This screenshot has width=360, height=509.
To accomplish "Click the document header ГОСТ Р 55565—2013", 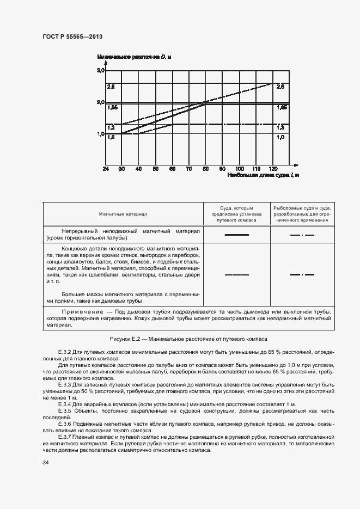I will click(72, 36).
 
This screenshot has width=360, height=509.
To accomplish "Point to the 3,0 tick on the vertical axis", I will click(101, 71).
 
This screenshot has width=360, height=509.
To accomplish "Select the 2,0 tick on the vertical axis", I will click(101, 102).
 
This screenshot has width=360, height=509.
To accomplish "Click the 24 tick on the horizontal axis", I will click(106, 169).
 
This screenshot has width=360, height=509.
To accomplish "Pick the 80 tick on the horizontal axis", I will click(205, 169).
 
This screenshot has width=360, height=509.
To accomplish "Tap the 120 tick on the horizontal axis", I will click(273, 169).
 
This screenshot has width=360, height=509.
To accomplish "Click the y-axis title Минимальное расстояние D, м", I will click(135, 57).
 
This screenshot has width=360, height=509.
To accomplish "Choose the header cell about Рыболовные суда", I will click(302, 214).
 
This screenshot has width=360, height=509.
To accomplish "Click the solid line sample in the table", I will click(237, 235).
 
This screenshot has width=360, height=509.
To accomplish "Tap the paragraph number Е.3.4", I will click(66, 404).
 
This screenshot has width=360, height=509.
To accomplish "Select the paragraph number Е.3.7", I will click(66, 437).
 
